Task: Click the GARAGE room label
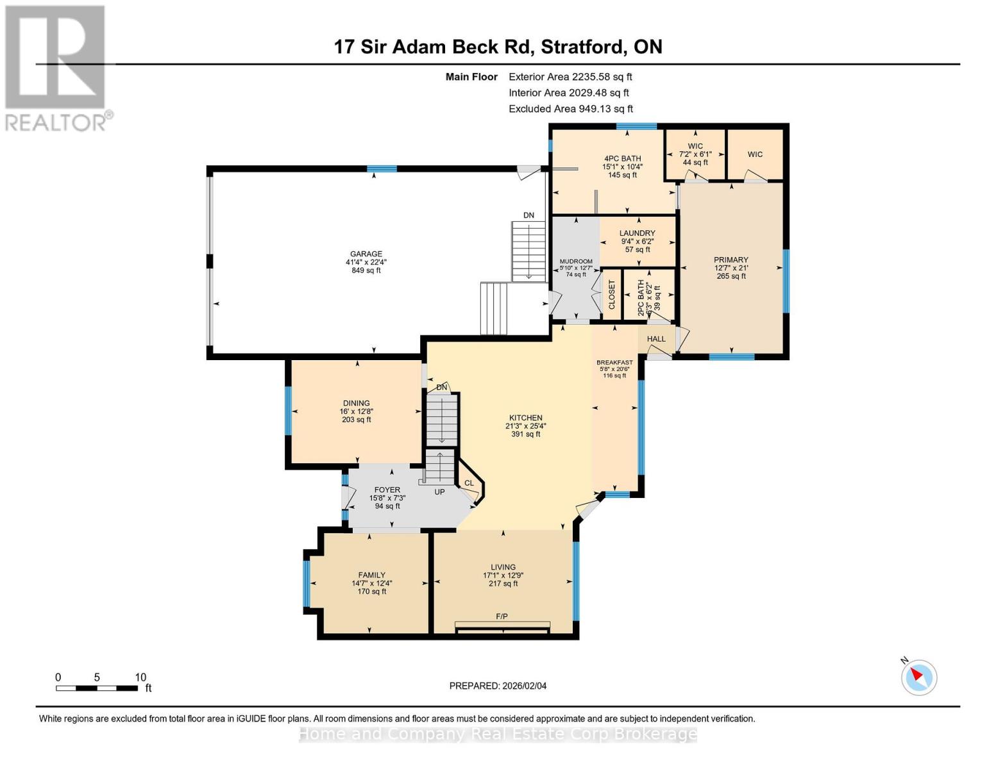tap(366, 254)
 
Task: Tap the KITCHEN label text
tap(526, 418)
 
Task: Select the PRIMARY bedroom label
tap(731, 260)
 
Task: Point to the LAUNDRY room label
tap(637, 233)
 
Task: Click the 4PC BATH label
tap(622, 158)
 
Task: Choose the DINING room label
tap(356, 403)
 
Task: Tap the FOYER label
tap(387, 490)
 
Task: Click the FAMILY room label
tap(372, 575)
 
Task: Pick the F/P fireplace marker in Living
tap(502, 616)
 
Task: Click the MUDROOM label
tap(576, 261)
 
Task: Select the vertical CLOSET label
tap(612, 295)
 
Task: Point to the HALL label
tap(656, 339)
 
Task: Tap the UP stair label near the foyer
tap(439, 492)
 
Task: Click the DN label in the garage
tap(528, 215)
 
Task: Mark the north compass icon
tap(919, 677)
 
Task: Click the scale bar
tap(97, 688)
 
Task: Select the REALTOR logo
tap(56, 67)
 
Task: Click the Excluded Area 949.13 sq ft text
tap(571, 109)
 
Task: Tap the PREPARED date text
tap(498, 686)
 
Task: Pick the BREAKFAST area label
tap(614, 363)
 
